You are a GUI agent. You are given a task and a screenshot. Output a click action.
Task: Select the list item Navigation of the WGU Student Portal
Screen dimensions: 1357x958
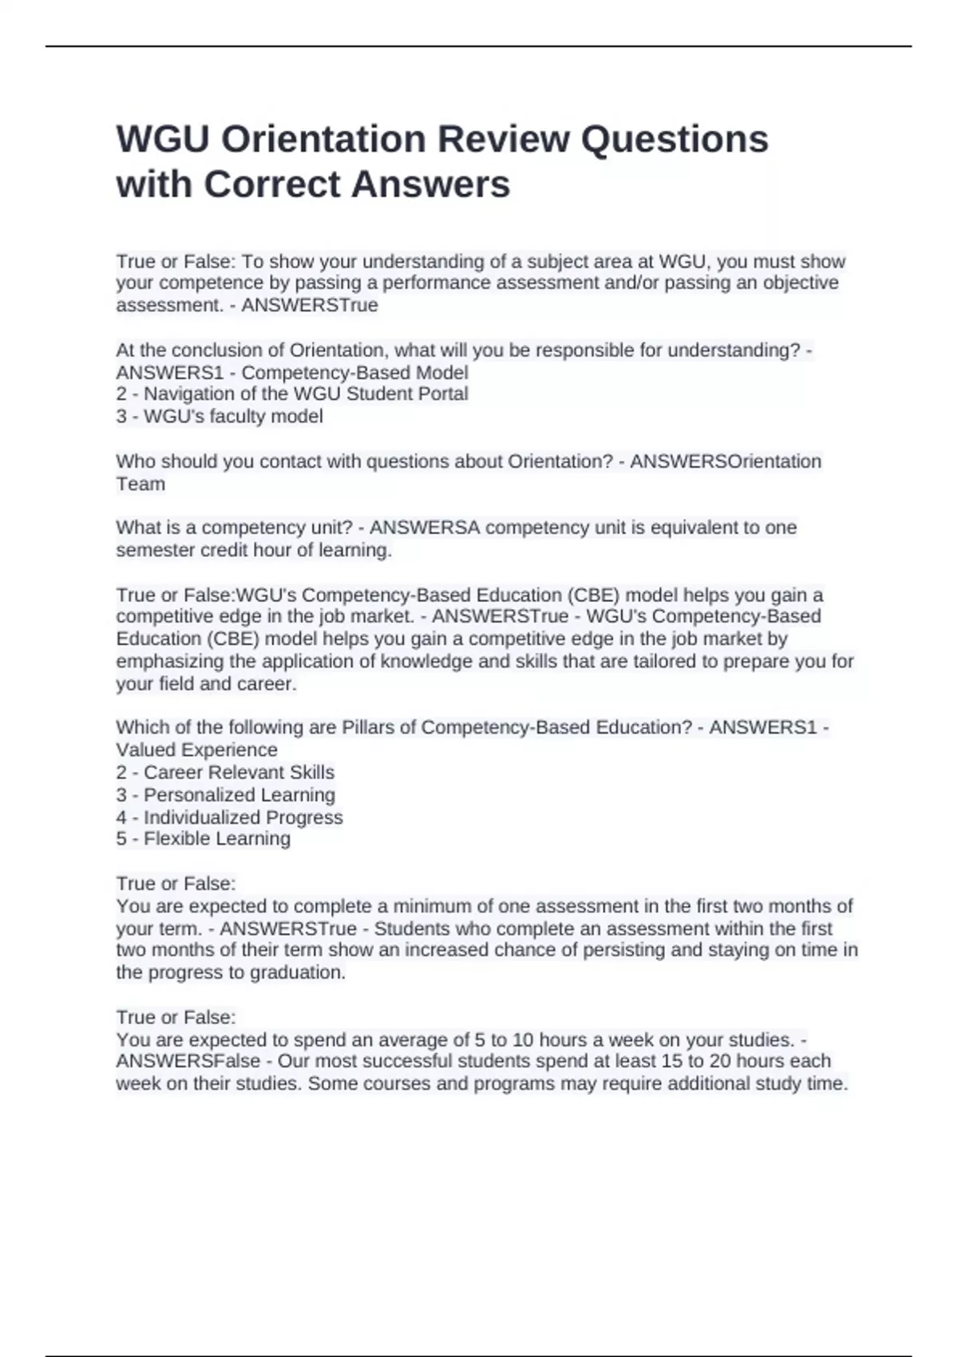[292, 394]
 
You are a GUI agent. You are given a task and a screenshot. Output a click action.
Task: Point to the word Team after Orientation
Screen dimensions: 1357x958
[141, 484]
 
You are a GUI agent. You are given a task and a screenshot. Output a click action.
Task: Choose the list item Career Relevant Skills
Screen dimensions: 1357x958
[225, 772]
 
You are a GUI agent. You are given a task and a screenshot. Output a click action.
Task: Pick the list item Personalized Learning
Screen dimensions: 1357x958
[225, 794]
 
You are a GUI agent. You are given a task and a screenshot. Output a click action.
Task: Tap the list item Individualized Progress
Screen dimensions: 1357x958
[229, 817]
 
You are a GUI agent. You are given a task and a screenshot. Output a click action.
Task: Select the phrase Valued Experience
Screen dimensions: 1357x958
[196, 750]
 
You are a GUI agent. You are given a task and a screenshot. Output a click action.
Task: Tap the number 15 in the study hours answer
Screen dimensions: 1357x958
[672, 1061]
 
